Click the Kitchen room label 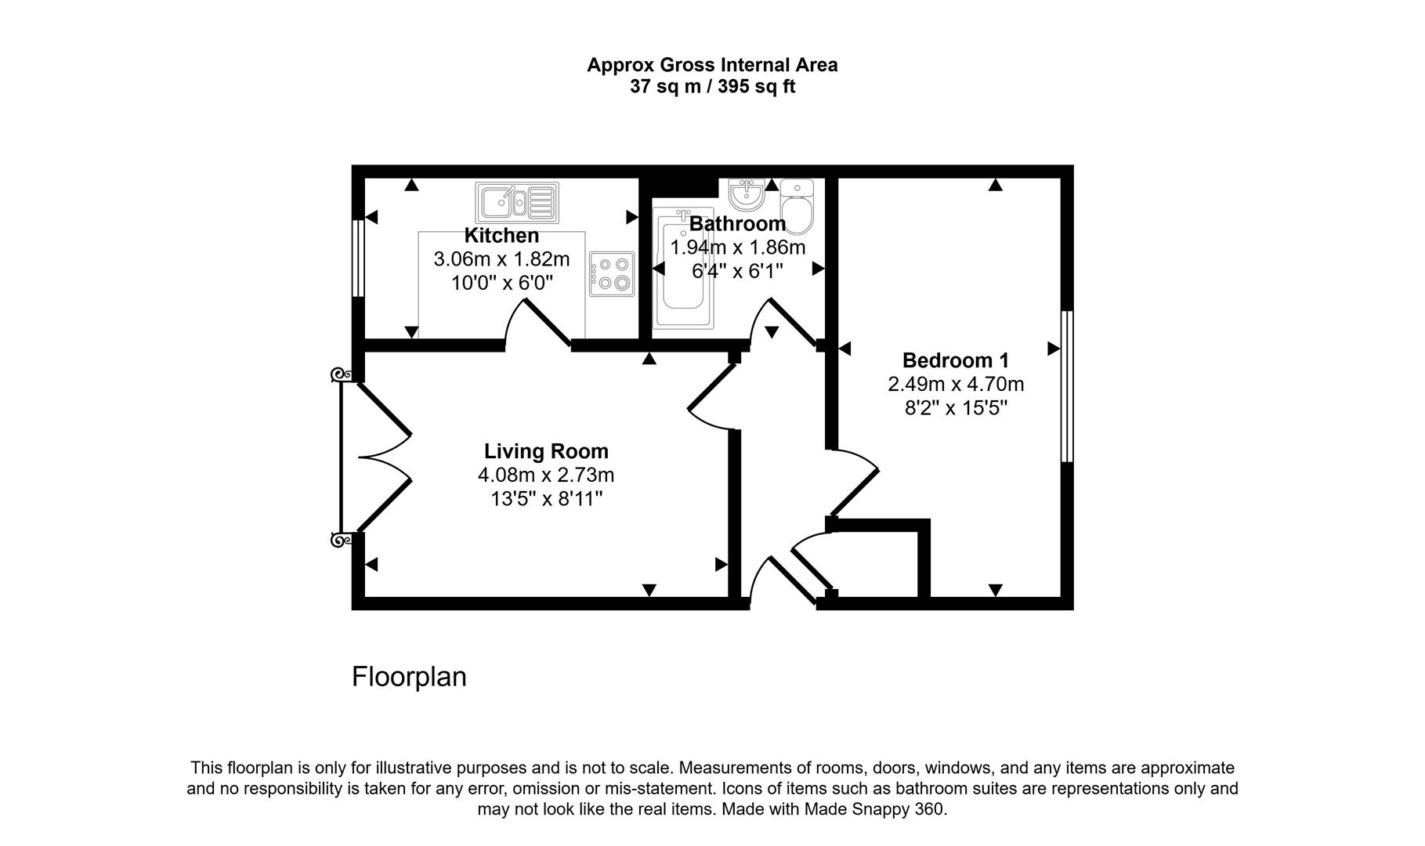(x=501, y=236)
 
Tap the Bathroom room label (x=737, y=224)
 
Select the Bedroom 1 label (x=956, y=360)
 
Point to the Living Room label (x=546, y=451)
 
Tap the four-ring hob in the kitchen (x=612, y=273)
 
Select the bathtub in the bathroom (x=684, y=268)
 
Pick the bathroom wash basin (x=747, y=193)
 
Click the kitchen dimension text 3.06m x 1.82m (x=501, y=259)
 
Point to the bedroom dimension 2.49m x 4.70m (x=956, y=385)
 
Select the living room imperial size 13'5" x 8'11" (x=546, y=499)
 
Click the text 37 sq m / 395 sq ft (x=712, y=87)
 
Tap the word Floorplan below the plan (x=409, y=677)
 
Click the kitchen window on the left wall (x=358, y=258)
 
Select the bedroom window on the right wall (x=1067, y=386)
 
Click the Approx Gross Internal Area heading (x=712, y=65)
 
